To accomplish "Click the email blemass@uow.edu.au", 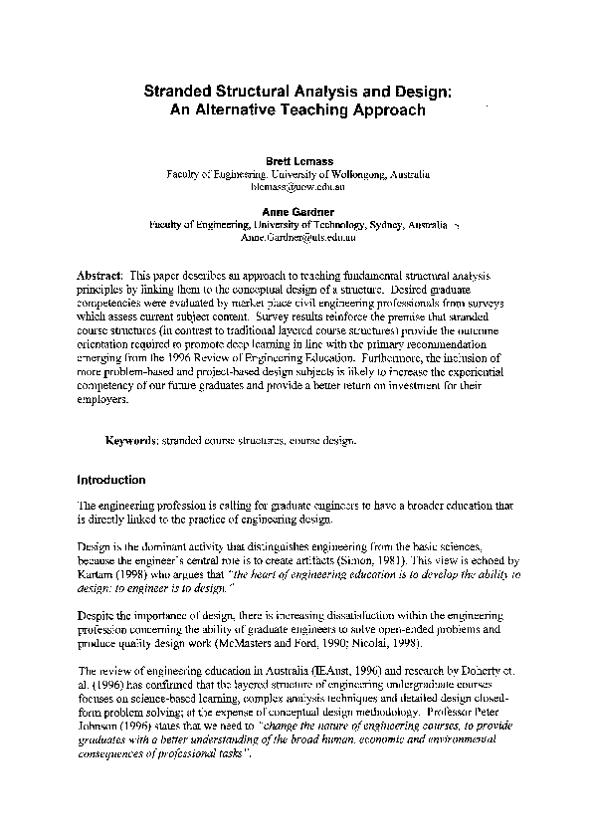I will pos(298,186).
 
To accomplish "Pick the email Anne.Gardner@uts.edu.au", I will pos(297,238).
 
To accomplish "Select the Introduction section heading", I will pos(111,479).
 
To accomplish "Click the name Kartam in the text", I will pos(97,574).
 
